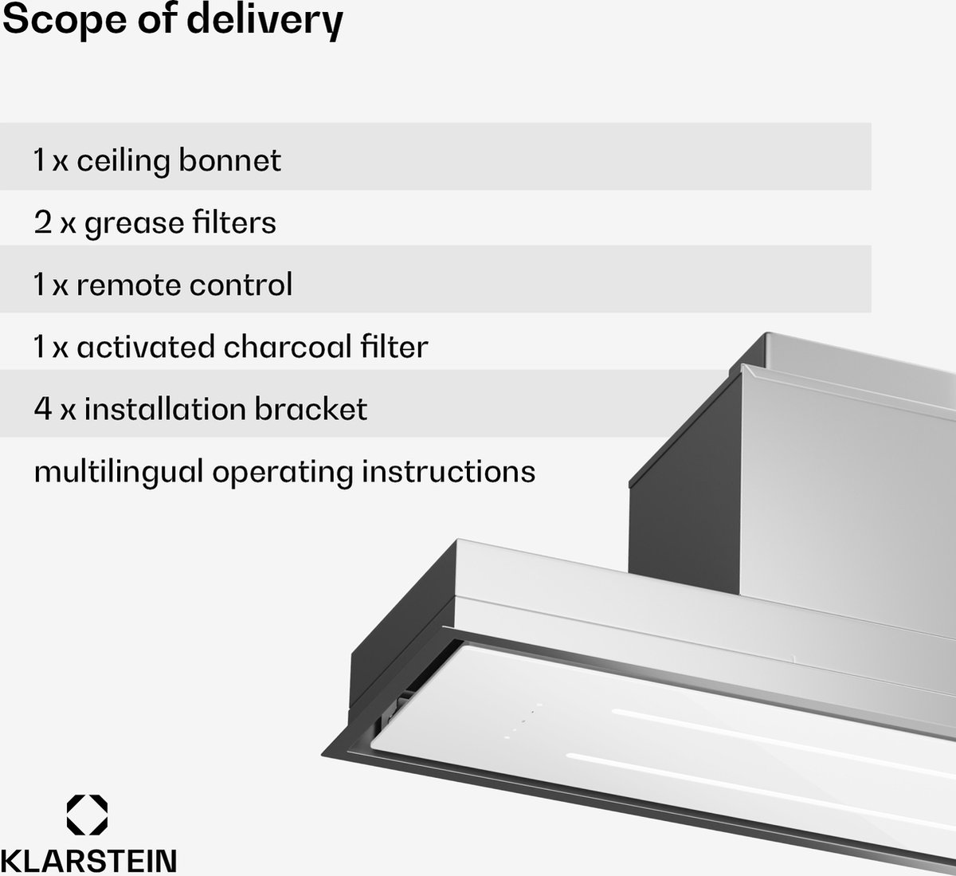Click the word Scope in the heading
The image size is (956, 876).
pyautogui.click(x=65, y=20)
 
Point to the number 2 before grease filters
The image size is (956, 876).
pyautogui.click(x=43, y=222)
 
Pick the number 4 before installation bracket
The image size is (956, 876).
pyautogui.click(x=43, y=409)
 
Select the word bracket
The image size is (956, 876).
pyautogui.click(x=311, y=408)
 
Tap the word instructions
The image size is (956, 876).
pyautogui.click(x=449, y=471)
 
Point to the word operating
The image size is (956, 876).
pyautogui.click(x=283, y=473)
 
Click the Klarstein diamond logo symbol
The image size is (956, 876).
pyautogui.click(x=87, y=815)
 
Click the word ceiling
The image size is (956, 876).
pyautogui.click(x=123, y=161)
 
